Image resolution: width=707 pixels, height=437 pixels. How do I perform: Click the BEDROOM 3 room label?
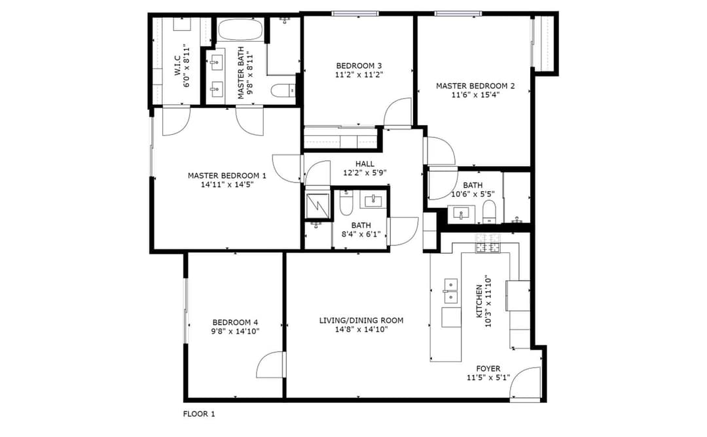coord(359,65)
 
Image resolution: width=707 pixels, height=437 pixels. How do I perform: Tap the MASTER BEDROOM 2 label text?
coord(475,86)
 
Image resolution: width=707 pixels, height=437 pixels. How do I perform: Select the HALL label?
coord(365,164)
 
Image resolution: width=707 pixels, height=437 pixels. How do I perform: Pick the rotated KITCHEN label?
coord(479,300)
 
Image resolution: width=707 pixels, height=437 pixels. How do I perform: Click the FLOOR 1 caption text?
coord(198,413)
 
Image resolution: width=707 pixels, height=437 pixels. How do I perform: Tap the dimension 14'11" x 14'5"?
coord(227,184)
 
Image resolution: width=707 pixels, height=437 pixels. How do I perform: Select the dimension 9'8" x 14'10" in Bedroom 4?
coord(235,331)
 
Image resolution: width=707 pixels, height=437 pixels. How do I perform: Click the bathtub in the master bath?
coord(240,30)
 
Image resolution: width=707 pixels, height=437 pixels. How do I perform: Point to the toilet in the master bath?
coord(283,91)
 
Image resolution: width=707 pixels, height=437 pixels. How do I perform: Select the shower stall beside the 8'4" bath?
coord(318,205)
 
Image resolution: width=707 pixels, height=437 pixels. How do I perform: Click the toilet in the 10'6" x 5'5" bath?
coord(488,210)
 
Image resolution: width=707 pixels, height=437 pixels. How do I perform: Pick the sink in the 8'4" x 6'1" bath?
coord(374,200)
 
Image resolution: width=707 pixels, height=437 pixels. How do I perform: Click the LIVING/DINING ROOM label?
coord(361,321)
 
